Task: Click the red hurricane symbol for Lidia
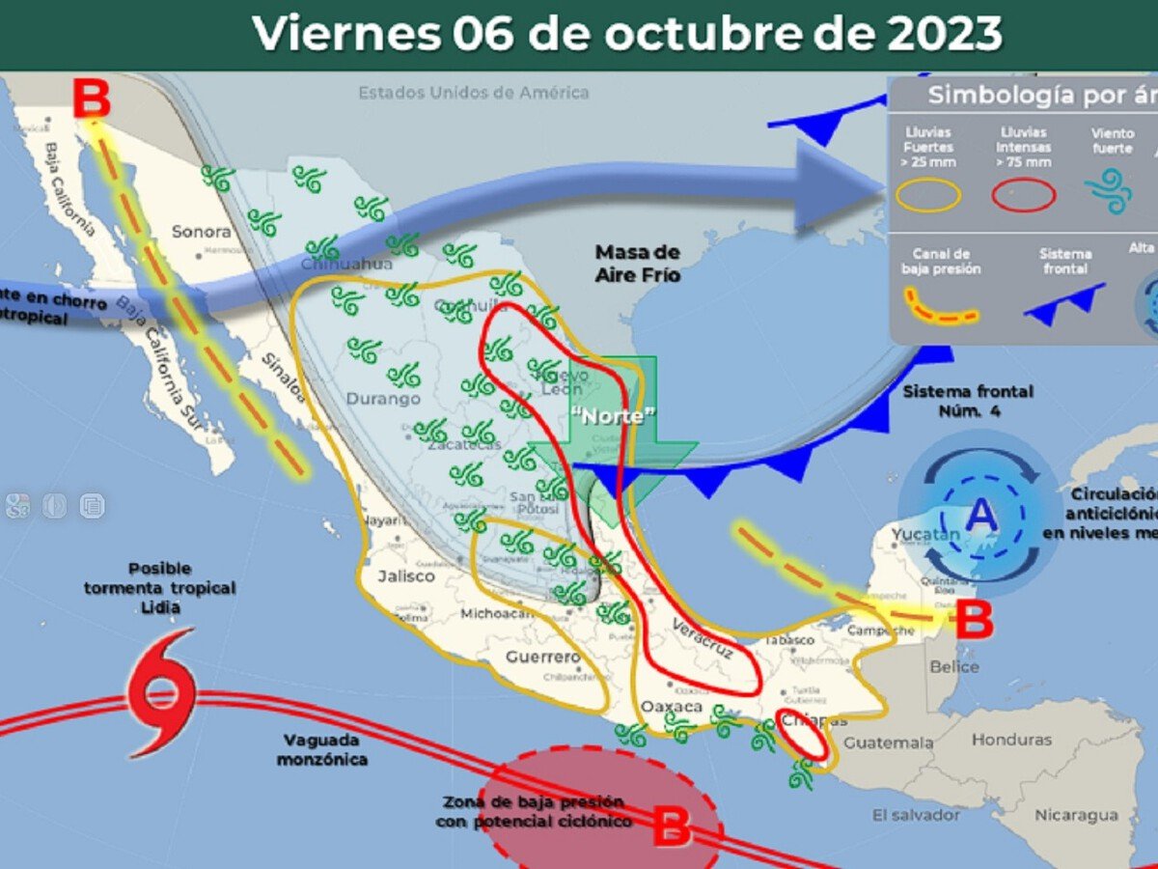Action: coord(161,691)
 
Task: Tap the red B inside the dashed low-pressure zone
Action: coord(673,827)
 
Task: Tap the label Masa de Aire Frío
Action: coord(637,264)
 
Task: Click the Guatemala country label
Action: coord(888,743)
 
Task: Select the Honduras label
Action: coord(1011,740)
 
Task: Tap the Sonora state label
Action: coord(202,232)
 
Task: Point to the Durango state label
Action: coord(383,398)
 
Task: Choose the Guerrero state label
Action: coord(543,658)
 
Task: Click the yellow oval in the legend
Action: coord(927,196)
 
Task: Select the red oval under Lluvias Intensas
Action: coord(1025,196)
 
